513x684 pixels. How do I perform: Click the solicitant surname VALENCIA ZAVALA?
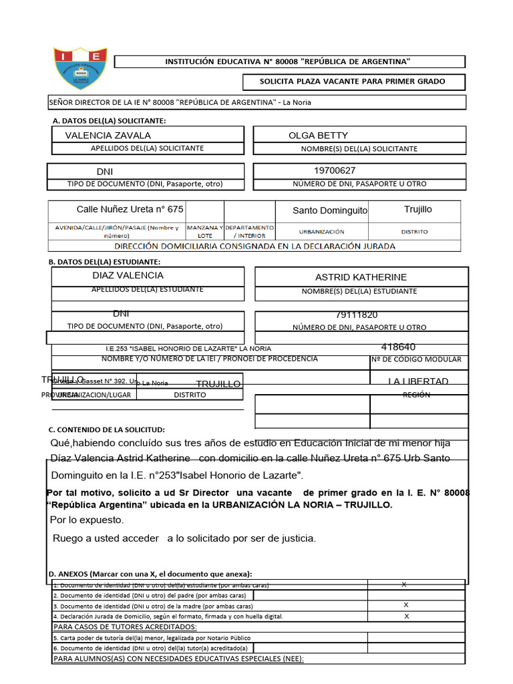click(108, 136)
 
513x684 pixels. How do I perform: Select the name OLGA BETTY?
click(318, 136)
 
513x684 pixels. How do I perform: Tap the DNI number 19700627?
click(335, 170)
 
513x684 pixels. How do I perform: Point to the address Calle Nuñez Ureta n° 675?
click(130, 210)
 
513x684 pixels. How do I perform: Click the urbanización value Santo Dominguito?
click(330, 210)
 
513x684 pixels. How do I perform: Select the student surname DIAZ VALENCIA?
click(128, 275)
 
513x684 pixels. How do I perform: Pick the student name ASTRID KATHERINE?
click(361, 277)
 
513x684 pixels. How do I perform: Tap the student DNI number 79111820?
click(357, 315)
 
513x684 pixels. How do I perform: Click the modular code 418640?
click(398, 347)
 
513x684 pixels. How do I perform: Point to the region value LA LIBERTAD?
click(418, 381)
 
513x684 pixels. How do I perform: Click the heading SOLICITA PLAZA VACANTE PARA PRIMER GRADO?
click(352, 82)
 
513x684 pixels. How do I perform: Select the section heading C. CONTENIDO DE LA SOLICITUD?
click(107, 430)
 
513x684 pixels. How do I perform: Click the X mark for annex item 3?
click(406, 605)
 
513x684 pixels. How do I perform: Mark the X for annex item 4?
click(407, 616)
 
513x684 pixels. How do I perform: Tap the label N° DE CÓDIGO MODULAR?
click(416, 359)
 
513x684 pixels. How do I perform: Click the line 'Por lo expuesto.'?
click(87, 520)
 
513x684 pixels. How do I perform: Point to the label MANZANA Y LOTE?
click(204, 231)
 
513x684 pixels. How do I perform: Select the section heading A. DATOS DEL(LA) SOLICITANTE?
click(109, 121)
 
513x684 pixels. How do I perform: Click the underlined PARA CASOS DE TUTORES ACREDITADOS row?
click(125, 627)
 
